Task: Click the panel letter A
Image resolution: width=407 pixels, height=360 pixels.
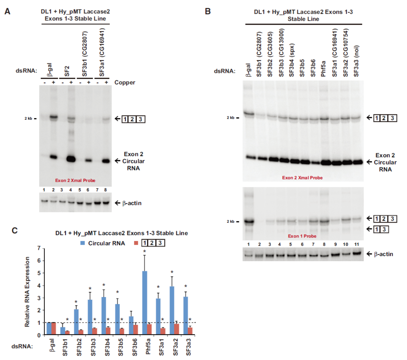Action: [8, 12]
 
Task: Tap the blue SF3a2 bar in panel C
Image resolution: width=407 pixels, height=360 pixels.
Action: [172, 310]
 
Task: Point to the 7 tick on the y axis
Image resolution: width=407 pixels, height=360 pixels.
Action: [39, 248]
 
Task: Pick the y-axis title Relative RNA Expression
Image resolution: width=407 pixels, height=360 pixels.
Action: [27, 292]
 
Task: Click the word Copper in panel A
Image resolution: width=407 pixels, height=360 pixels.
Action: [124, 82]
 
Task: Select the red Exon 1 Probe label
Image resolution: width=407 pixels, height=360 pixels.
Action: [302, 236]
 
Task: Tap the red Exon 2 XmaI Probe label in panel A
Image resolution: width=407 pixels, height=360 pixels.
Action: [75, 180]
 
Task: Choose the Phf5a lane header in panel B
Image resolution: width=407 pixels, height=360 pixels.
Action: [323, 69]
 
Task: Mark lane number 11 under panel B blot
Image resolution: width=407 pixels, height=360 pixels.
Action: [357, 244]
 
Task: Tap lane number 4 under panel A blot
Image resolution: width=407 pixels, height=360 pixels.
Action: [71, 190]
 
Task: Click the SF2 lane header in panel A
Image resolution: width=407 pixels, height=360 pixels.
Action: [67, 71]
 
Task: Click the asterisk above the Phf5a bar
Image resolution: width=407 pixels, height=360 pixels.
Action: [145, 251]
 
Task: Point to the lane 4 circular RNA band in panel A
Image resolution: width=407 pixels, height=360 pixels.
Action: [71, 159]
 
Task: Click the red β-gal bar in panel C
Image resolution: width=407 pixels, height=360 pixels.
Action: [54, 329]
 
